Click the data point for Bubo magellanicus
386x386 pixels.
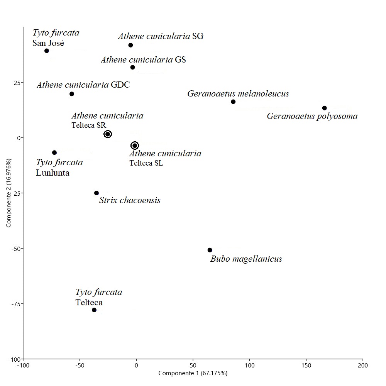(x=210, y=250)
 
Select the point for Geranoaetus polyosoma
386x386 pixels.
(x=325, y=108)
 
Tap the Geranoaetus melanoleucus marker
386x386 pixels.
(x=233, y=102)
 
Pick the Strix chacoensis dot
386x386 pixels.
(x=96, y=193)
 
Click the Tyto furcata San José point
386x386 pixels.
(x=47, y=51)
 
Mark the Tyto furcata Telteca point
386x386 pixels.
(x=94, y=310)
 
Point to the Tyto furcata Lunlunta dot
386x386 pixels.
(x=54, y=153)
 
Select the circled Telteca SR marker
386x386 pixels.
(x=108, y=134)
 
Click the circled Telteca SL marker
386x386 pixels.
(x=135, y=146)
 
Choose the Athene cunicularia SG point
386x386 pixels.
(x=131, y=45)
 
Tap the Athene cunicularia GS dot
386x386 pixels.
(x=133, y=68)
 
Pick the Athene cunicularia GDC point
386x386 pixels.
(x=72, y=94)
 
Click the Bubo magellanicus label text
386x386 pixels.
(x=246, y=259)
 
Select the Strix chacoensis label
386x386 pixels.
(x=130, y=200)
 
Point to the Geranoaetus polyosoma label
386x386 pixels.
(x=312, y=116)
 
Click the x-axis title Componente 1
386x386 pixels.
(x=193, y=373)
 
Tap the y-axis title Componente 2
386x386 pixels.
(x=8, y=192)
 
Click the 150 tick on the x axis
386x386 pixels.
(x=306, y=365)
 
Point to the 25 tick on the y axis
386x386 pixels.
(x=17, y=83)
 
